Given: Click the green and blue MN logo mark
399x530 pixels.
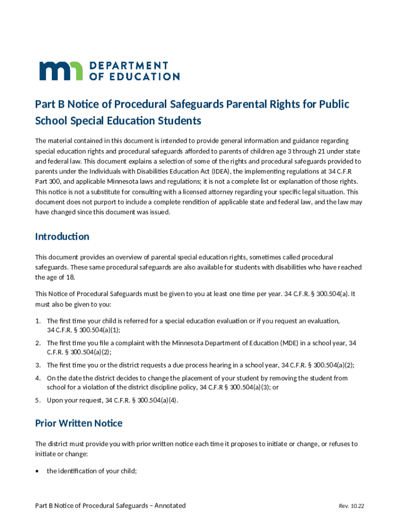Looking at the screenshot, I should [61, 71].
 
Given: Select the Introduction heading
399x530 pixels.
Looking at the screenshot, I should [62, 237].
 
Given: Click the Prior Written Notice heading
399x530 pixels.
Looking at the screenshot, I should [79, 423].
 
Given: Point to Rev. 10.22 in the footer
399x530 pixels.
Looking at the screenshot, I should [353, 506].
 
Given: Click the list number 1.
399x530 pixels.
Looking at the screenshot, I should [37, 321].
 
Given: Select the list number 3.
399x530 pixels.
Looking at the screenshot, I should [37, 365].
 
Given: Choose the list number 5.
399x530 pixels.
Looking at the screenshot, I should [37, 400].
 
